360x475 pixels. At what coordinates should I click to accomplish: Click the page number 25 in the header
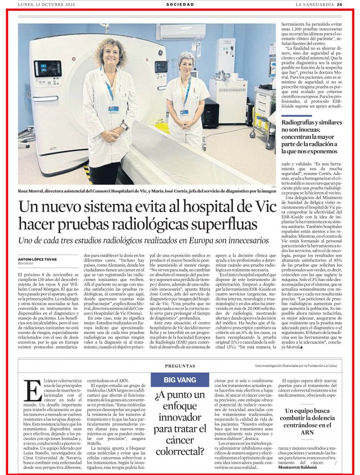point(354,4)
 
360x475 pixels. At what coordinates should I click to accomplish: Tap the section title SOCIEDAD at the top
point(180,4)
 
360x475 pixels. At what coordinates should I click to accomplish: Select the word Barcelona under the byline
point(26,263)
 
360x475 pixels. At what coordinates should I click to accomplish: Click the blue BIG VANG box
point(179,381)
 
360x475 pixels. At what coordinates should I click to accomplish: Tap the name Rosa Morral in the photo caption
point(33,191)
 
